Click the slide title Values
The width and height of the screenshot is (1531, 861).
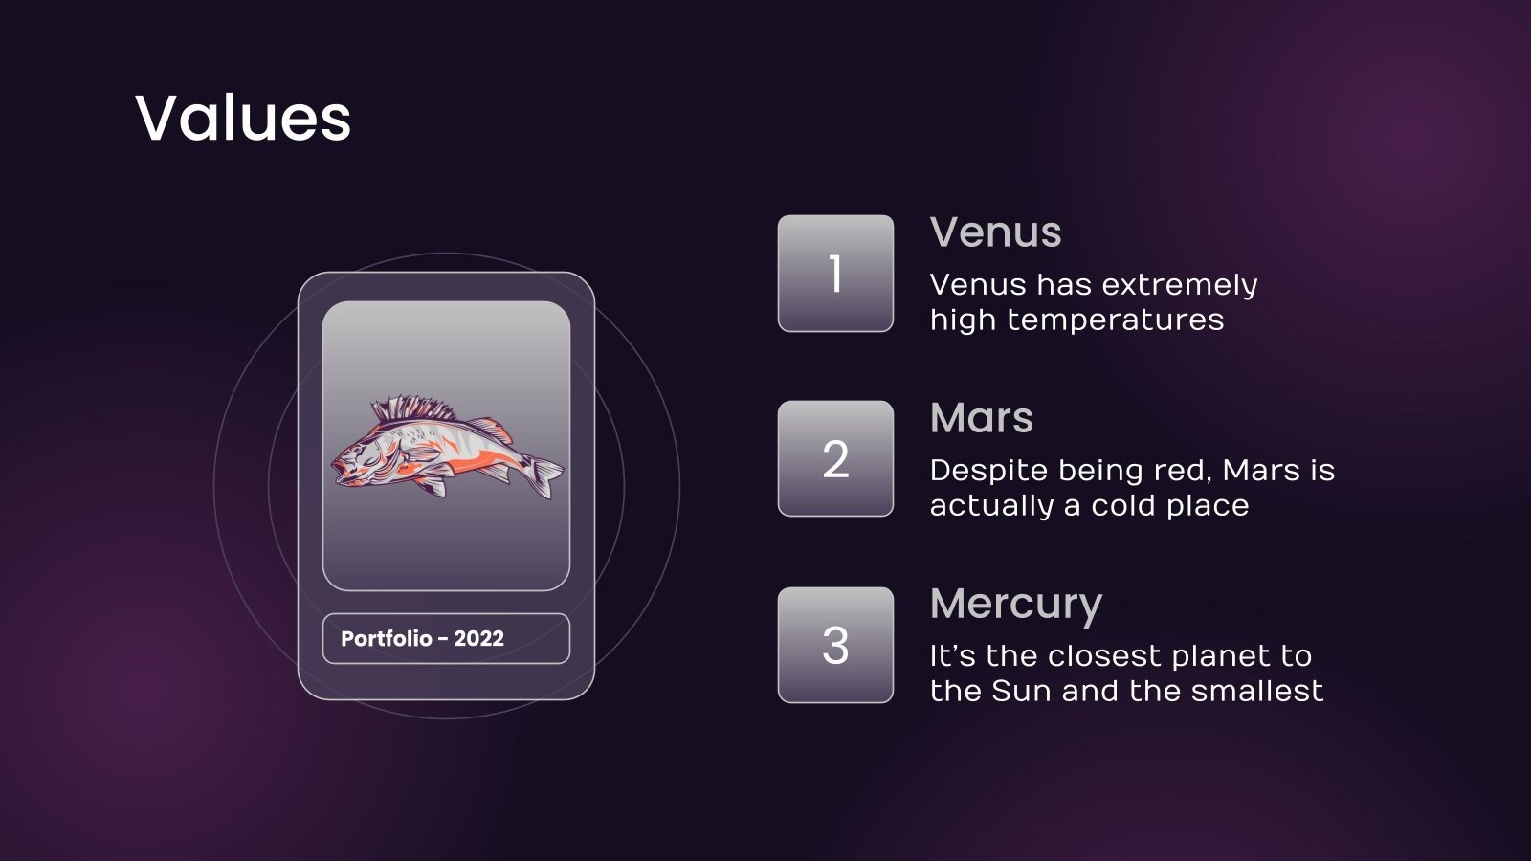243,119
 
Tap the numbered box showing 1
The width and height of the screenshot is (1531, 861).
835,274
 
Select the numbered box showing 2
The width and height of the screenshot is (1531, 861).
835,459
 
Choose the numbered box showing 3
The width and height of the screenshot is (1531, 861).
835,645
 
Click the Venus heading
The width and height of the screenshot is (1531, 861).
995,232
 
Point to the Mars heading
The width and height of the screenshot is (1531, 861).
981,418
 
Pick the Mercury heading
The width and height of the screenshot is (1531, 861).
1015,605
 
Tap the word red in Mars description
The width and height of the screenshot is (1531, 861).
1187,471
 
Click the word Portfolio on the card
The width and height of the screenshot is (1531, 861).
386,638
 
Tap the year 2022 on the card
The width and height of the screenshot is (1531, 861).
478,638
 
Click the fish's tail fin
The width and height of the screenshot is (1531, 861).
545,475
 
